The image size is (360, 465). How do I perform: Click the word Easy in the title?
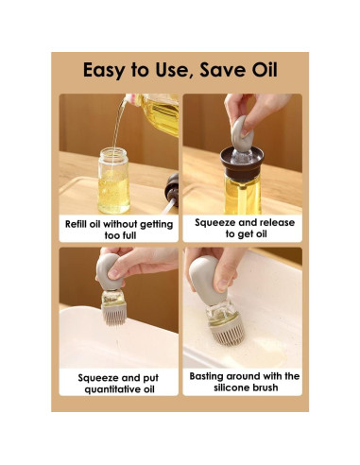coord(104,70)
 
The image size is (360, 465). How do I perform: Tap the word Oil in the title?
coord(265,70)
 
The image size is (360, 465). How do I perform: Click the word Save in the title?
coord(223,70)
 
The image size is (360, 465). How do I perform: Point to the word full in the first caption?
coord(129,235)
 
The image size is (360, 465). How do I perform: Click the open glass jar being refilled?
coord(113,181)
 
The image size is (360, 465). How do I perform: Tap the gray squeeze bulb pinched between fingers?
coord(242,132)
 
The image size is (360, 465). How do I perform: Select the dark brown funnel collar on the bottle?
coord(242,163)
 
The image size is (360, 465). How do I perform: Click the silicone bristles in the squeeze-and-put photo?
coord(113,314)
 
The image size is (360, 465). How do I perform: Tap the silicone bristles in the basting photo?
coord(229,333)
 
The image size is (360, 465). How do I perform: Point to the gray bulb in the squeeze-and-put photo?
coord(110,271)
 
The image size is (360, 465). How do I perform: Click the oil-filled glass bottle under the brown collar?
coord(242,195)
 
